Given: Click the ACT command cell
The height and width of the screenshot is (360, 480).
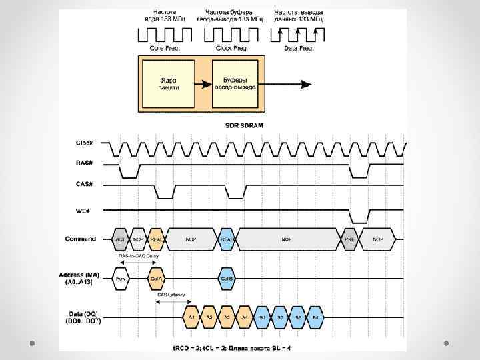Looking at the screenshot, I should click(121, 239).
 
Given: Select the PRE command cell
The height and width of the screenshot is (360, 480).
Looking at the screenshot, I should click(349, 239).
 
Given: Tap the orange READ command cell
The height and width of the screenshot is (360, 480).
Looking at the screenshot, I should click(157, 239).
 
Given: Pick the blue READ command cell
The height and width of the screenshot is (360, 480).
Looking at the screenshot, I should click(227, 239).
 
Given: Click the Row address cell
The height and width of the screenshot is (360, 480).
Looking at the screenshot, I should click(121, 278).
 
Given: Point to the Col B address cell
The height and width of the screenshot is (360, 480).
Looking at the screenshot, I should click(227, 278).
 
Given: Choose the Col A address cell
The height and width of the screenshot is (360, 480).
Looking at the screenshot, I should click(157, 278).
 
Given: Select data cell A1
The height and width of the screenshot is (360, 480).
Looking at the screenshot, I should click(191, 317).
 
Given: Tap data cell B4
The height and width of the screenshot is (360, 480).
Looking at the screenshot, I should click(316, 317).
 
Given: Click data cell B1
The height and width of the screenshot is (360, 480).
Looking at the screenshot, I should click(263, 317).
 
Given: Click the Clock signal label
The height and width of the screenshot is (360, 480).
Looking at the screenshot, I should click(85, 143).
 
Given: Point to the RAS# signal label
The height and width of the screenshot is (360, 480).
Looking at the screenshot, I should click(85, 162).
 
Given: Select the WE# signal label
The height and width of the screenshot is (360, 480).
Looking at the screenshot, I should click(85, 211).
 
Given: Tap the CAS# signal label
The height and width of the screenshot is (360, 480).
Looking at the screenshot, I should click(85, 184).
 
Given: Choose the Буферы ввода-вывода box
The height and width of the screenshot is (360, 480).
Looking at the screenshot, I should click(234, 85).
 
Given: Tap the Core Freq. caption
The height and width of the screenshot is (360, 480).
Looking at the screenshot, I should click(164, 49).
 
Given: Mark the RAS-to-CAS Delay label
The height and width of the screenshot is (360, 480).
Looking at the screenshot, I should click(138, 255).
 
